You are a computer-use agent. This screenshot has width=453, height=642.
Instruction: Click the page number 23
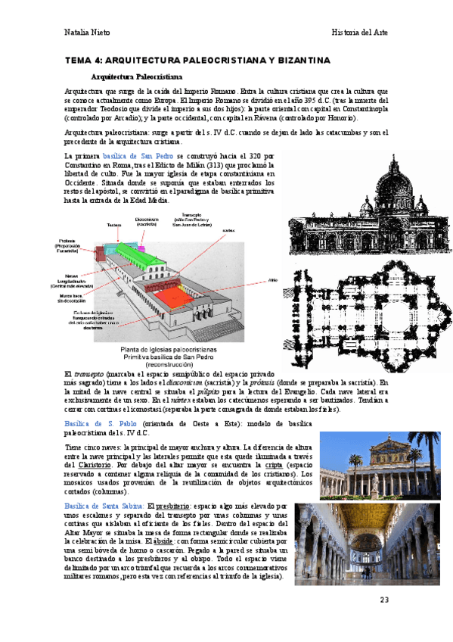point(383,600)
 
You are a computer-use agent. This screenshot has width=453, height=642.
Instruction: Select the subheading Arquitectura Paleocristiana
point(136,76)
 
